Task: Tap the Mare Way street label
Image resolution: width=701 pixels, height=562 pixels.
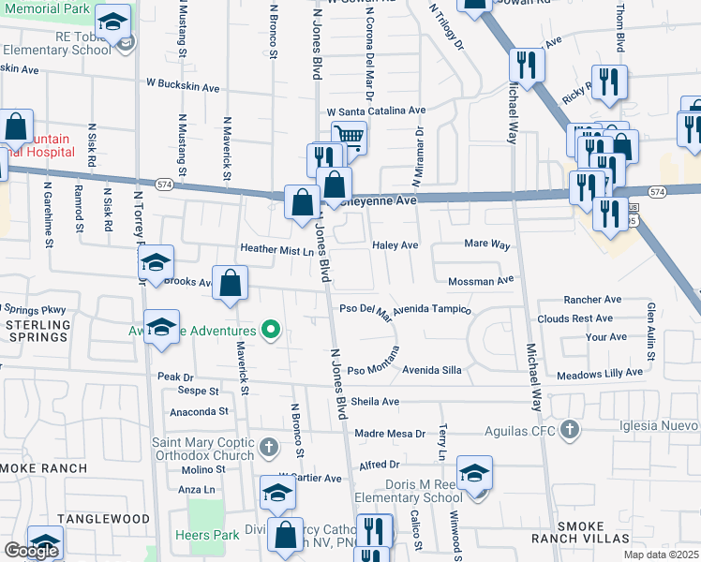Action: pos(487,244)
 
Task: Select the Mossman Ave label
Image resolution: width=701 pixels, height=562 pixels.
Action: pos(482,280)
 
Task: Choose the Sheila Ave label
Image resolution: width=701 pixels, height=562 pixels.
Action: pos(376,402)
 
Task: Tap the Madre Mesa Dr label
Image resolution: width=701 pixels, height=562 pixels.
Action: pos(391,434)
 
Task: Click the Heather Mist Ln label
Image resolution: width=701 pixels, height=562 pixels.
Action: pos(276,250)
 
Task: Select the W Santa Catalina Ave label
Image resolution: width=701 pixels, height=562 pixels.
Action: pos(376,111)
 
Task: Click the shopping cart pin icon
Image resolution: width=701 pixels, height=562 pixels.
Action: pos(349,136)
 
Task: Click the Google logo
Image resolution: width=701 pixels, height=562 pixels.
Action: pos(31,551)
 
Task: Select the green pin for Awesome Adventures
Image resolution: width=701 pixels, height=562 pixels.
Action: pos(272,330)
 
